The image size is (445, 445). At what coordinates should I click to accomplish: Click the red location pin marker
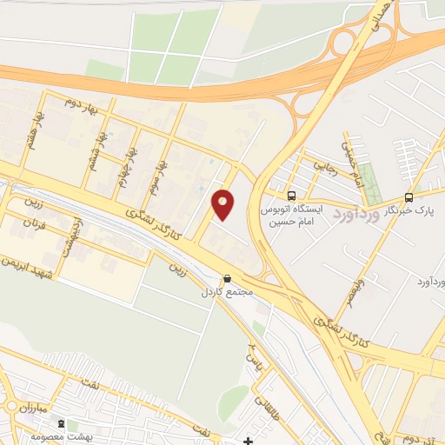point(223,203)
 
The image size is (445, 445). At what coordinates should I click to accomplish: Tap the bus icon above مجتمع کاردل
point(228,279)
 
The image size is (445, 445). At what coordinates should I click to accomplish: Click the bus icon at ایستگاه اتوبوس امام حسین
point(291,196)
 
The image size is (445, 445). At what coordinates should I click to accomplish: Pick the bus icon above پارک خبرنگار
point(408,197)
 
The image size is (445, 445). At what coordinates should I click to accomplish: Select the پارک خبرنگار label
point(410,209)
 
